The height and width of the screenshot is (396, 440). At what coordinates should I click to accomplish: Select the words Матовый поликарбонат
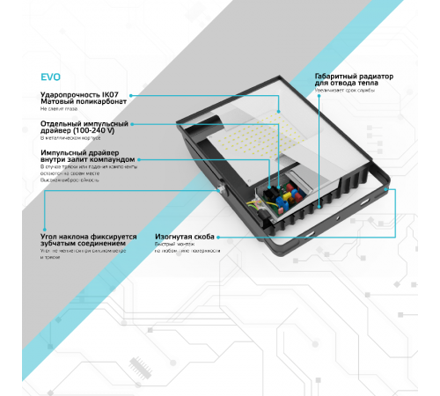pyautogui.click(x=84, y=101)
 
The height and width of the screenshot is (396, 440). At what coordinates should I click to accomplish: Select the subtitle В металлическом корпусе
pyautogui.click(x=71, y=139)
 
